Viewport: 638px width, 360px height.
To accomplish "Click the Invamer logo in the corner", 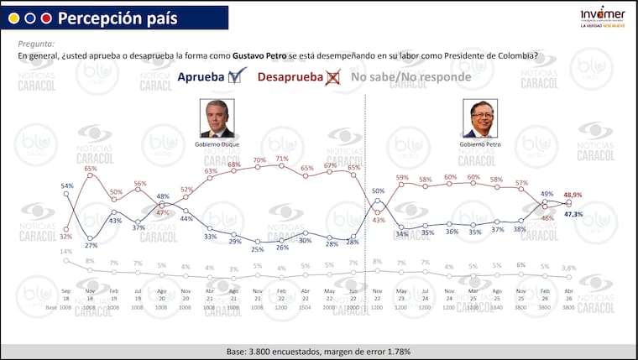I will point(603,16).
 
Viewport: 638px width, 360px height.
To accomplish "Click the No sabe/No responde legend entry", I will point(411,77).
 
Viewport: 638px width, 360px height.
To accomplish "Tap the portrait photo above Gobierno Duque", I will point(217,118).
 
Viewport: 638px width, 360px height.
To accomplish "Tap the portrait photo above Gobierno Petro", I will point(480,118).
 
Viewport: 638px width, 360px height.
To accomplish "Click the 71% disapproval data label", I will point(282,159).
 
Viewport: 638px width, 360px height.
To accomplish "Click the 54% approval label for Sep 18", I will point(67,185).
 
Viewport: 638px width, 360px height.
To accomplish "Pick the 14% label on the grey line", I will point(65,252).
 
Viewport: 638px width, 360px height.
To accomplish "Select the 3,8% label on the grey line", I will point(568,268).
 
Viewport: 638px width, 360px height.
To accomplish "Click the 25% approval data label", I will point(258,249).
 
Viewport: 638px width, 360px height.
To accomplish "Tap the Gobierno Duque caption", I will point(217,144).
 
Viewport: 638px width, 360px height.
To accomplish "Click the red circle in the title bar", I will point(46,18).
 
